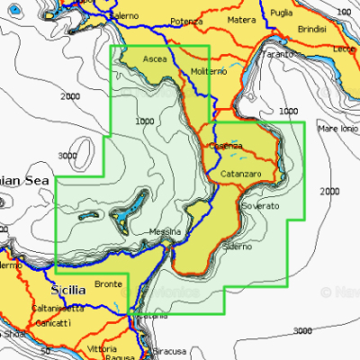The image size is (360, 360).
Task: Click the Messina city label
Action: point(166,231)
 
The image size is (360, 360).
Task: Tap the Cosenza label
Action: point(226,146)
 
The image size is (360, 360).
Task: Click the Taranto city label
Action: point(279,54)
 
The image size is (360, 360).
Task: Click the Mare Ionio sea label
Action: point(338,129)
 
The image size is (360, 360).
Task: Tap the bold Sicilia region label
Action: point(66,290)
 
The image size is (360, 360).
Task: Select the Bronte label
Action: point(108,282)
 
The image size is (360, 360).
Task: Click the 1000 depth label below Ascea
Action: point(142,121)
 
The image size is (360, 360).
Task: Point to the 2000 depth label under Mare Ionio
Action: point(330,191)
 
